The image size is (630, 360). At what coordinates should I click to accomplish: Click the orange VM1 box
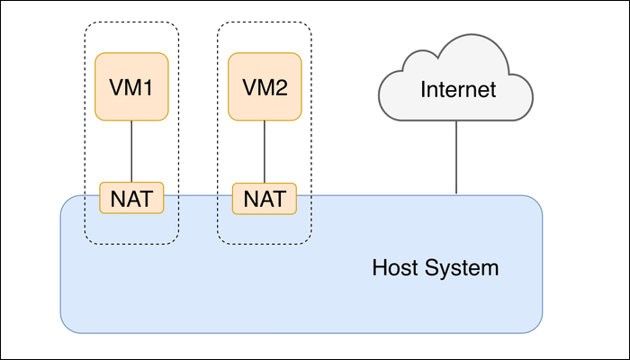(x=131, y=86)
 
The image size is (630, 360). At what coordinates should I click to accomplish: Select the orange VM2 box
(x=265, y=86)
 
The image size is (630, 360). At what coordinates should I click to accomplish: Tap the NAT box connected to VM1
(x=131, y=197)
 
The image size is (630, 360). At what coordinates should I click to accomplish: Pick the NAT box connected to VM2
(x=265, y=197)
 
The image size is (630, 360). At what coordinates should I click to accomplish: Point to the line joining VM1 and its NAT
(x=131, y=150)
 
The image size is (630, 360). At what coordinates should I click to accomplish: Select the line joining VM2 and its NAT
(x=265, y=150)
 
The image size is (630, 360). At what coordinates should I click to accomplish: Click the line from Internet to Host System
(x=456, y=157)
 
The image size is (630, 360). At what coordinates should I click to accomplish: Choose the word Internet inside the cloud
(x=458, y=90)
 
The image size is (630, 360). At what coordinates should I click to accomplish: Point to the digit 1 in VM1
(x=152, y=89)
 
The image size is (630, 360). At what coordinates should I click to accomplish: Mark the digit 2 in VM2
(x=285, y=89)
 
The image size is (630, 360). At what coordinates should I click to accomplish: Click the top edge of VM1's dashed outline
(x=131, y=22)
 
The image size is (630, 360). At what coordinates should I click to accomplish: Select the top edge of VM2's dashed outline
(x=265, y=22)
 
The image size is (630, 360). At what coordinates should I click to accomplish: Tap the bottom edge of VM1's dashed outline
(x=131, y=244)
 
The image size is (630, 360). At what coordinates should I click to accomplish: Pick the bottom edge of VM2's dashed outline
(x=265, y=244)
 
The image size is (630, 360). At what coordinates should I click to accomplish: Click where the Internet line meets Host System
(x=456, y=194)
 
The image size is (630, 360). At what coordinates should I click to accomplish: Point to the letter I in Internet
(x=422, y=90)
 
